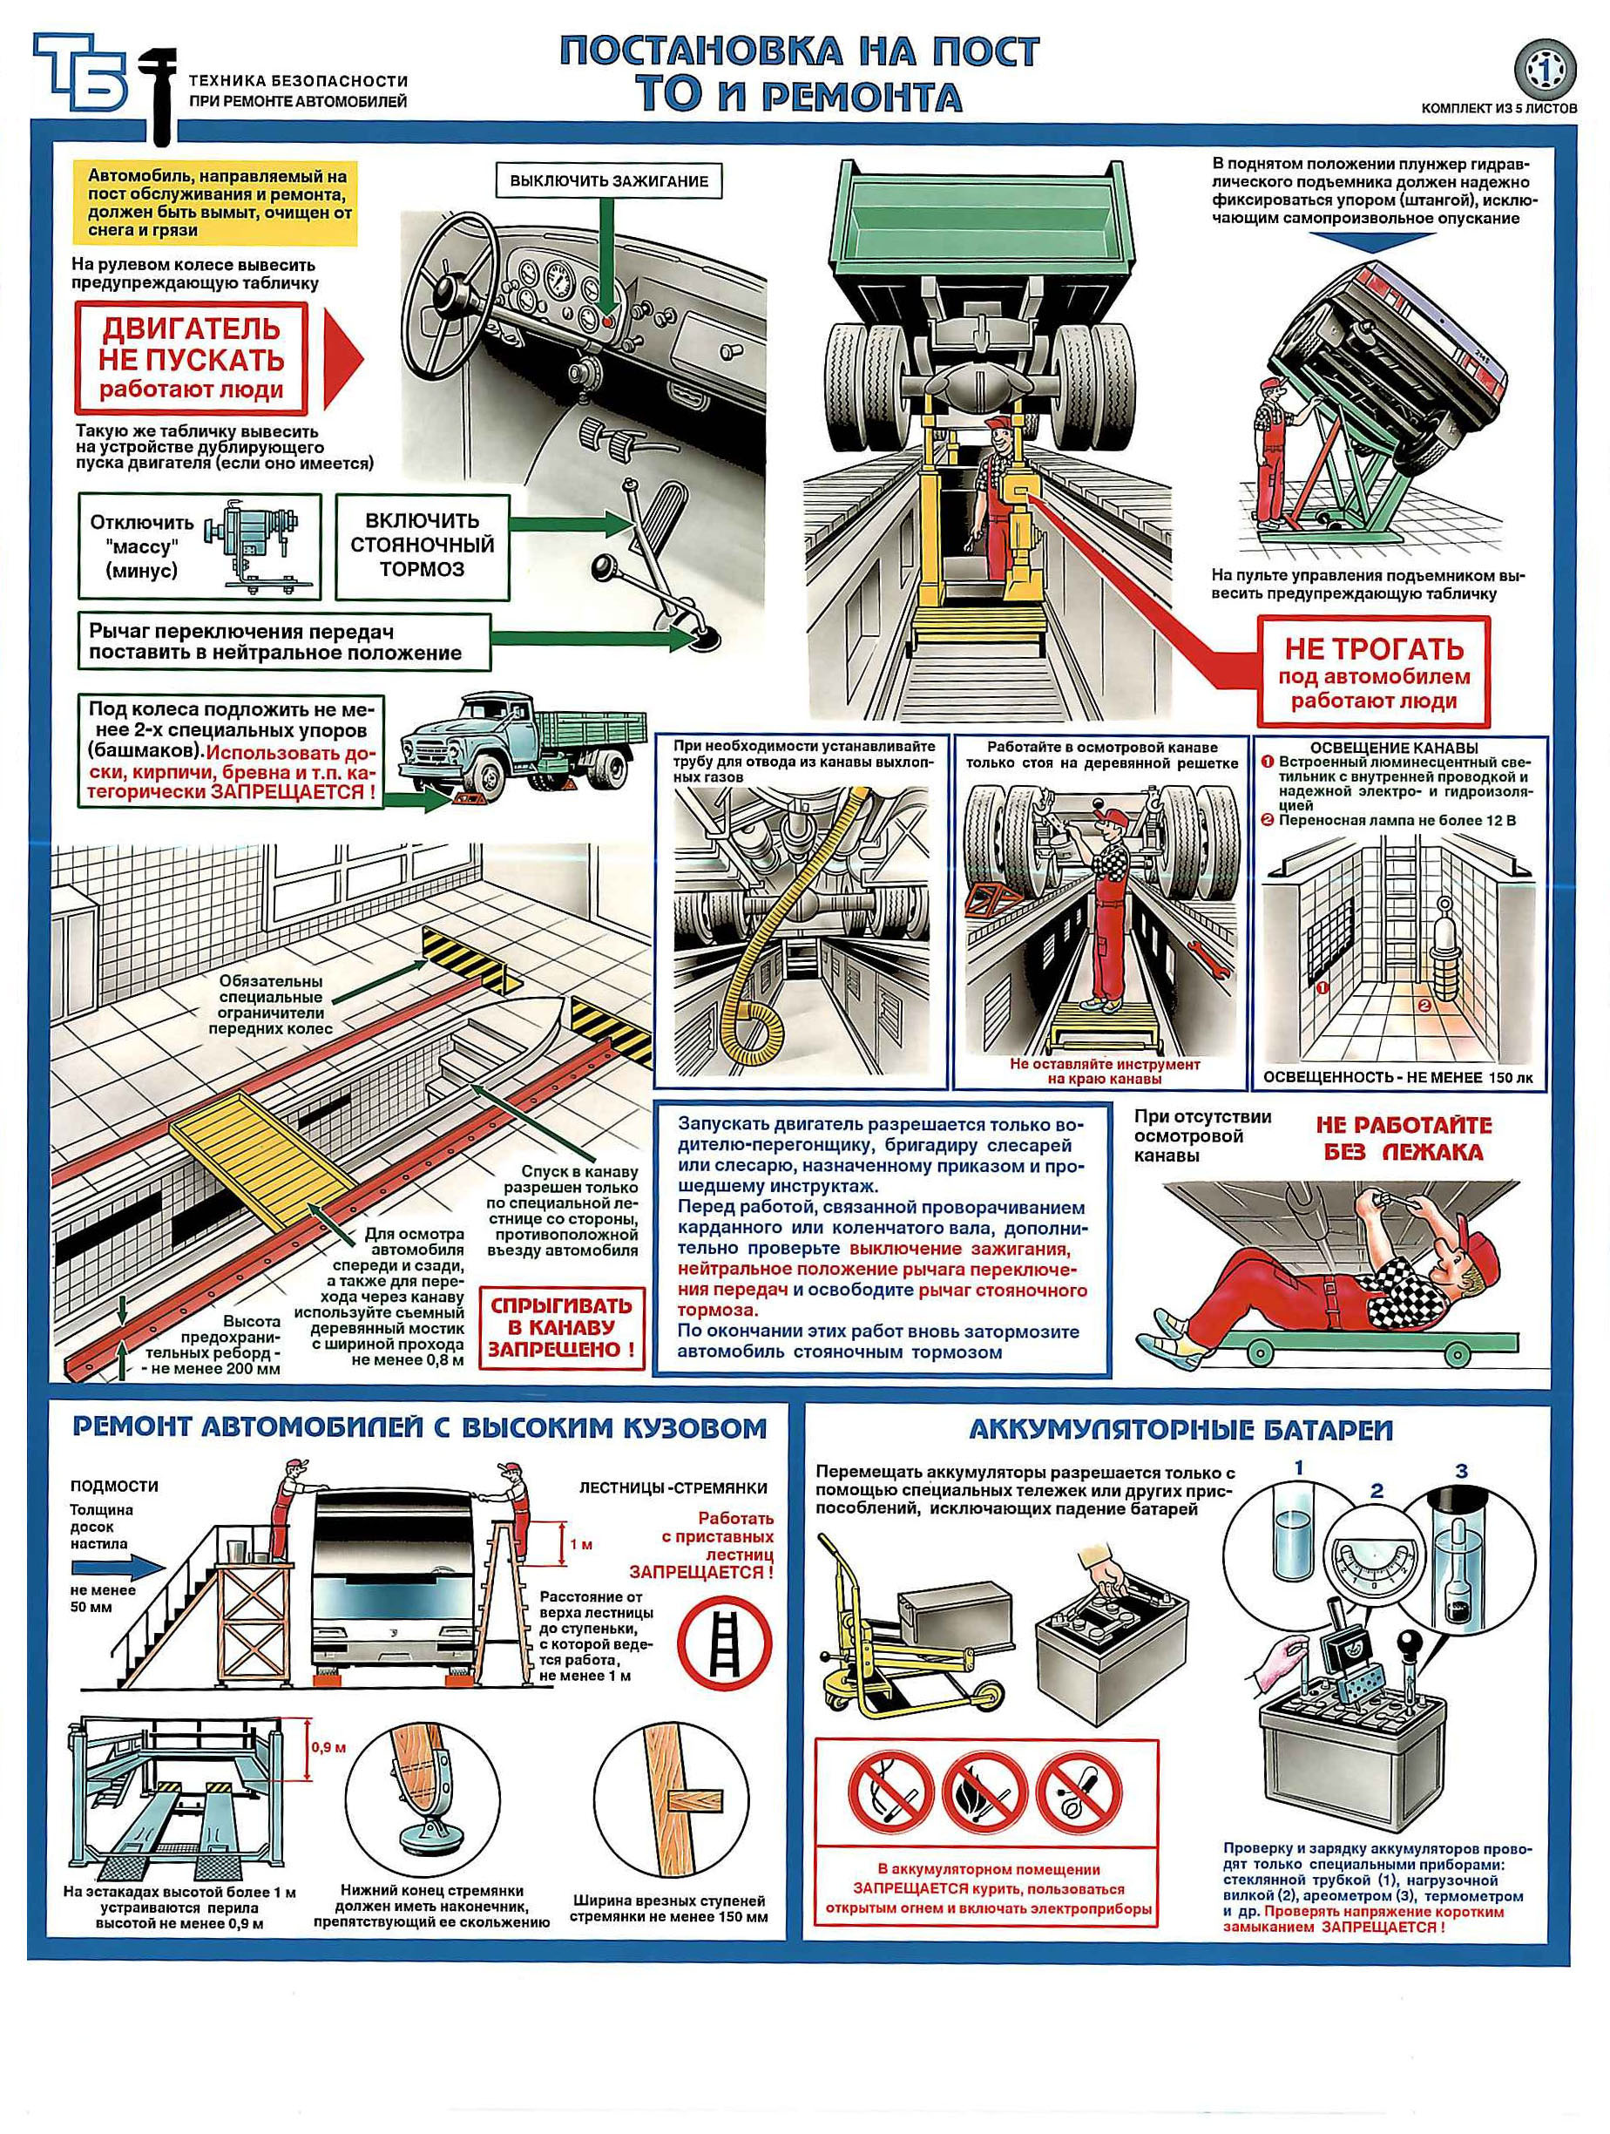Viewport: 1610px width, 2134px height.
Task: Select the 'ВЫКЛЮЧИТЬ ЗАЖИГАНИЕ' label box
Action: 609,180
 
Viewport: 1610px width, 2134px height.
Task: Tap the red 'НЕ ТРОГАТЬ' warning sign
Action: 1374,672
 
